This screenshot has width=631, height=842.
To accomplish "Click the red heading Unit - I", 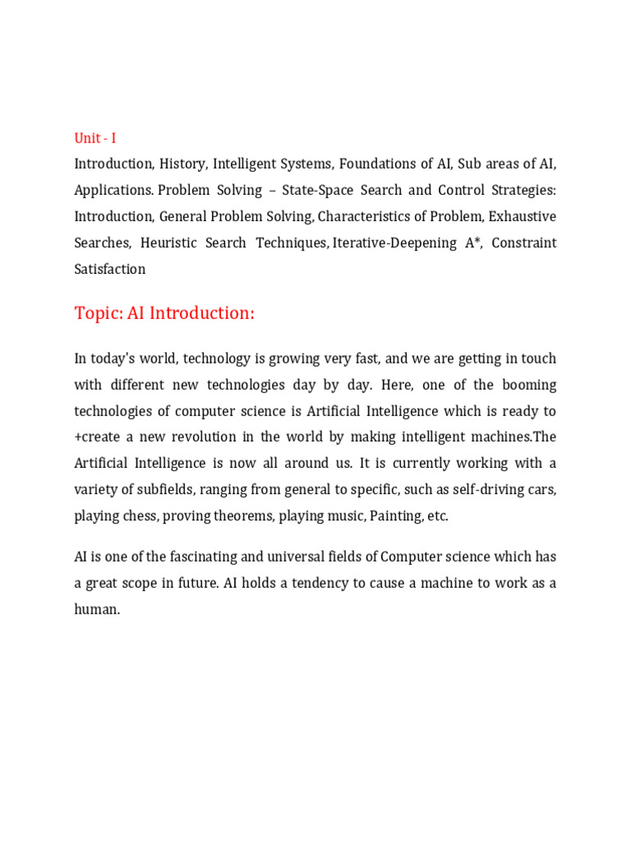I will tap(95, 138).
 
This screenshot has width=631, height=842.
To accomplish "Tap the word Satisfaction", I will tap(110, 270).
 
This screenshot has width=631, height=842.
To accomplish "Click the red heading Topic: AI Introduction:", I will tap(164, 313).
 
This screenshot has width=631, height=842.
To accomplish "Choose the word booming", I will tap(530, 385).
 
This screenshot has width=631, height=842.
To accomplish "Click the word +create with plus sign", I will tap(98, 437).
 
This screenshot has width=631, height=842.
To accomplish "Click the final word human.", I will tap(97, 609).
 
